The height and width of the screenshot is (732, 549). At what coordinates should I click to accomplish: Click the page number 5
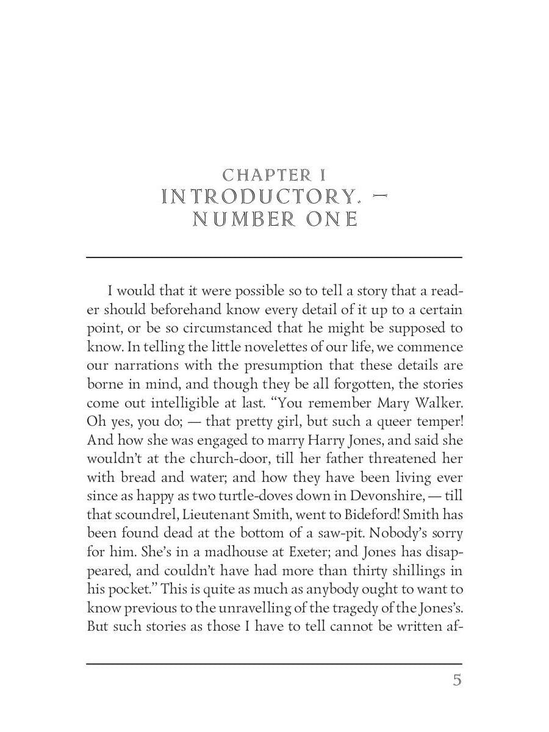457,680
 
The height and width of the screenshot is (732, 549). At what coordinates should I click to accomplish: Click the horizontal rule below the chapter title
274,257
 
